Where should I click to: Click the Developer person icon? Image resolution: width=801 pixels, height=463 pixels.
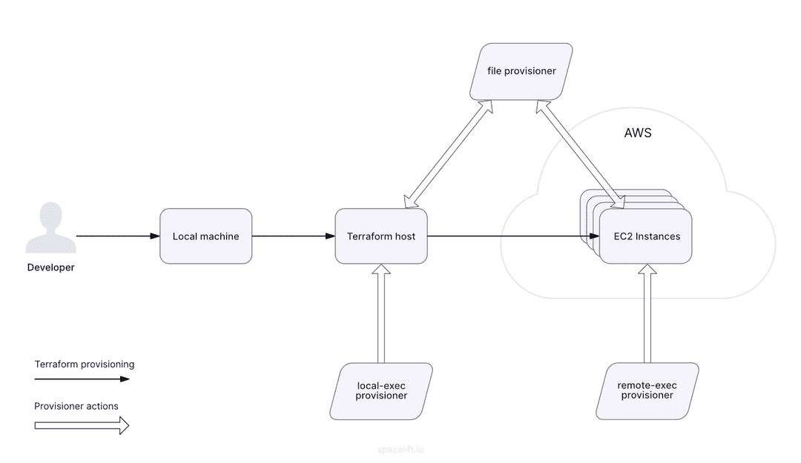pos(51,228)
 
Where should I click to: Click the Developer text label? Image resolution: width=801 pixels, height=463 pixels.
pos(51,267)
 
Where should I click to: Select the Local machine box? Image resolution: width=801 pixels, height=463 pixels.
pos(206,236)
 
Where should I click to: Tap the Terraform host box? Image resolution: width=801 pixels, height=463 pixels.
pos(381,236)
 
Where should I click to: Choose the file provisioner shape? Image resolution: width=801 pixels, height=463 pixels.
pos(521,71)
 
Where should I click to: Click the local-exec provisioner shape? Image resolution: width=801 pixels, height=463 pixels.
pos(381,390)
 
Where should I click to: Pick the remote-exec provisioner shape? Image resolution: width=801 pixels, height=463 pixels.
pos(647,390)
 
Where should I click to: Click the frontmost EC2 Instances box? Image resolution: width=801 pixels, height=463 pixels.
pos(646,236)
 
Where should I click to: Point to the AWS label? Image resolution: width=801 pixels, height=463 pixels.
pos(638,133)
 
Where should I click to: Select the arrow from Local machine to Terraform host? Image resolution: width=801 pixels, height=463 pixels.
pos(293,236)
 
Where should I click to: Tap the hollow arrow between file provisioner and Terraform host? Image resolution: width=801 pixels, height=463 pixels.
pos(447,154)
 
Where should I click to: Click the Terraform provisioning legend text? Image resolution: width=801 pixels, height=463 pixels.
pos(85,364)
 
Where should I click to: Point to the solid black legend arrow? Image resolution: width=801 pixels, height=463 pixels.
pos(82,379)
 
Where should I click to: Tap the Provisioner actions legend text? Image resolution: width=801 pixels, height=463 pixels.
pos(76,406)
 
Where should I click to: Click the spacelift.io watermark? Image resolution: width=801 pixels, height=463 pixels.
pos(400,450)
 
